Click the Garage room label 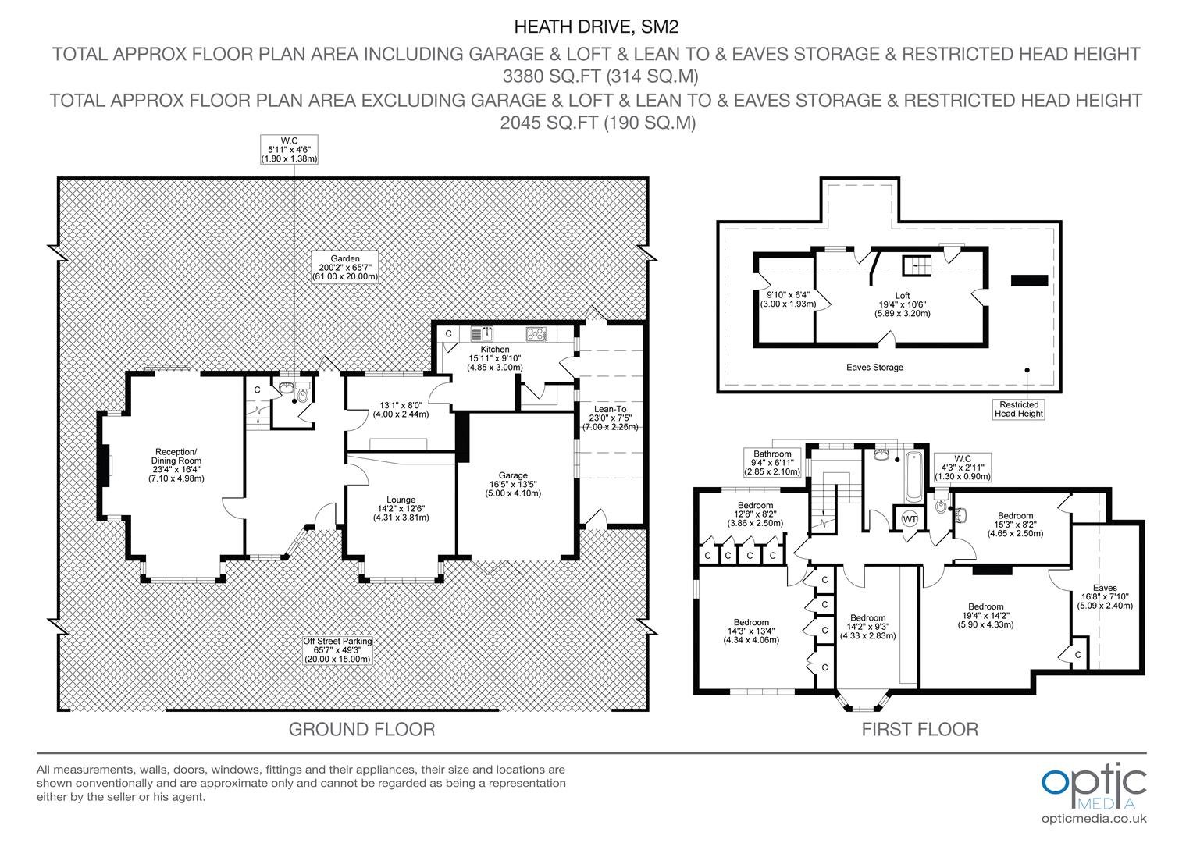point(513,484)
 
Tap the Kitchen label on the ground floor point(495,358)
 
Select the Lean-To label point(611,418)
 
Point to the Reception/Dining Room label point(176,465)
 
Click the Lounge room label point(401,509)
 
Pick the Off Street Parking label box point(337,650)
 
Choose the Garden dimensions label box point(344,267)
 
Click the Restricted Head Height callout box point(1019,409)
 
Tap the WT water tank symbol point(910,519)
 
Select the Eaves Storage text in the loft point(874,368)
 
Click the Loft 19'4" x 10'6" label point(903,304)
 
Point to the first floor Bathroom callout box point(772,462)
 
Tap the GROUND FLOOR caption point(361,729)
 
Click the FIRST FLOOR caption point(920,729)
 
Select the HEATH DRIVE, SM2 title point(596,27)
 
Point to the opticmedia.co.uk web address point(1094,819)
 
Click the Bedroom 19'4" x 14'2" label point(986,616)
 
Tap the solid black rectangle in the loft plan point(1030,280)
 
